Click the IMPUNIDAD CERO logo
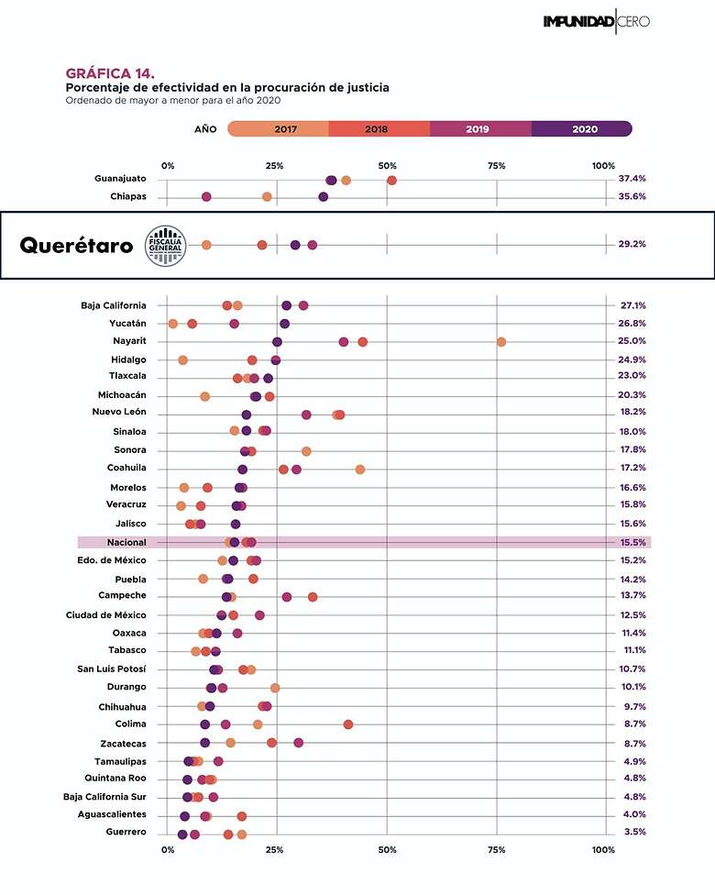[x=596, y=21]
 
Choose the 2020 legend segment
[x=584, y=129]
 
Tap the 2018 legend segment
[x=377, y=129]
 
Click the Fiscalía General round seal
[x=165, y=246]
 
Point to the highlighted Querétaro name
[x=76, y=246]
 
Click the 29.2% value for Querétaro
[x=632, y=245]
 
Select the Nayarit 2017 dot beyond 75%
[x=501, y=342]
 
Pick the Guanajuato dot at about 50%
[x=391, y=180]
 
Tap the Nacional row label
[x=126, y=543]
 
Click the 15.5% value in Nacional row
[x=632, y=543]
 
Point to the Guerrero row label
[x=126, y=832]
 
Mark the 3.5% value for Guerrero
[x=632, y=832]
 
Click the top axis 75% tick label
[x=497, y=166]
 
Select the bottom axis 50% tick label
[x=387, y=851]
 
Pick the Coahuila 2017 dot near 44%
[x=360, y=470]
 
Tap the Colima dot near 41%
[x=348, y=724]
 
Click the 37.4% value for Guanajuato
[x=632, y=179]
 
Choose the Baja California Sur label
[x=104, y=797]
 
